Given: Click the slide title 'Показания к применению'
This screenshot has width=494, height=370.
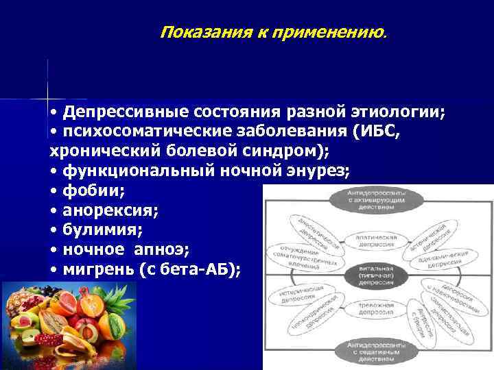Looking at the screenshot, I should coord(272,32).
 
